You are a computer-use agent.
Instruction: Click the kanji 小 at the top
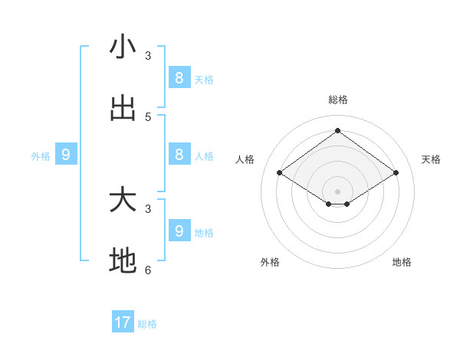coord(123,47)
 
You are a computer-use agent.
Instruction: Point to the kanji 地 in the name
coord(123,261)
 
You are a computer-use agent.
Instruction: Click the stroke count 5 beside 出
coord(148,117)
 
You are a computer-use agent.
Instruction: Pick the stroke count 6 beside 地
coord(148,270)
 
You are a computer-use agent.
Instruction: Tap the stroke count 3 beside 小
coord(148,56)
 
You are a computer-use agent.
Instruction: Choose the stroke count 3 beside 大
coord(148,208)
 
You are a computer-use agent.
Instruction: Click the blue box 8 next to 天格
coord(179,77)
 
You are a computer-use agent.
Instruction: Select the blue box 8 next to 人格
coord(179,154)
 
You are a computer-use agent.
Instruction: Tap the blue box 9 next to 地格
coord(179,230)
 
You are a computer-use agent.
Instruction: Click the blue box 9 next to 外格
coord(66,154)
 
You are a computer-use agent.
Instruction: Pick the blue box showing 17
coord(123,322)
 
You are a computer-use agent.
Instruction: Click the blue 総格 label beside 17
coord(147,324)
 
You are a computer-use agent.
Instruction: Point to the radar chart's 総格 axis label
coord(337,100)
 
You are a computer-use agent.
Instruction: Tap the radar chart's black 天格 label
coord(431,159)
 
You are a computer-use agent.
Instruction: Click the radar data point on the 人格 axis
coord(280,173)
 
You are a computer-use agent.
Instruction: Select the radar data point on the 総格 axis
coord(337,130)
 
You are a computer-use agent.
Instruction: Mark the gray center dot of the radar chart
coord(337,191)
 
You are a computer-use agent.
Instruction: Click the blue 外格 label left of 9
coord(41,156)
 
